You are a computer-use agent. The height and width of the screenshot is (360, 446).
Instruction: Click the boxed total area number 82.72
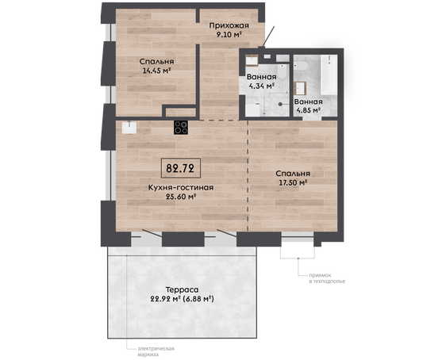(x=180, y=168)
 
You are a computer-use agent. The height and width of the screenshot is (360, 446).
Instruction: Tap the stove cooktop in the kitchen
(x=181, y=128)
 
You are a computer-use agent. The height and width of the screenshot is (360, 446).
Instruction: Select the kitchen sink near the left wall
(x=129, y=128)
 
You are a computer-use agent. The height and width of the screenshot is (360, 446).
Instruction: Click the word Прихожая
(x=229, y=26)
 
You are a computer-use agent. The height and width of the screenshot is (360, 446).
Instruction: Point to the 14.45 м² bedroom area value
(x=156, y=71)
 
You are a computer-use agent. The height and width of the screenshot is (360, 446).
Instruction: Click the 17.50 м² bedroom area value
(x=293, y=182)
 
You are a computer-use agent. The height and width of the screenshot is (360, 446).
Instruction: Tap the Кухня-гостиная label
(x=181, y=187)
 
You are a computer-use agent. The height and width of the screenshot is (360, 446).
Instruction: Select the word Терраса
(x=182, y=289)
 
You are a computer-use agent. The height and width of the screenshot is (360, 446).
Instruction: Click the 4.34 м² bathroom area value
(x=261, y=86)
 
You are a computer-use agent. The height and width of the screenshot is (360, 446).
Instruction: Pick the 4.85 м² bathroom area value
(x=309, y=110)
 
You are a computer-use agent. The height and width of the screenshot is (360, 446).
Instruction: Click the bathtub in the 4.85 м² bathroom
(x=329, y=75)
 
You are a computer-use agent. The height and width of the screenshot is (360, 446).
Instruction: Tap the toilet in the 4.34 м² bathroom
(x=282, y=71)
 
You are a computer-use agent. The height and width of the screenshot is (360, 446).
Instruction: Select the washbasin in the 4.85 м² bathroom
(x=300, y=88)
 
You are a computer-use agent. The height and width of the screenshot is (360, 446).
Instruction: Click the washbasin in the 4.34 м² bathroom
(x=252, y=60)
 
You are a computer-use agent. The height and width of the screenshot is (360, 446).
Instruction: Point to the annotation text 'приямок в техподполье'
(x=327, y=278)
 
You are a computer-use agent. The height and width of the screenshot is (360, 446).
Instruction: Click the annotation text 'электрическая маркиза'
(x=156, y=352)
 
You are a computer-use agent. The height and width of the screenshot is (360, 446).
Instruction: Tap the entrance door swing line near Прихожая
(x=268, y=36)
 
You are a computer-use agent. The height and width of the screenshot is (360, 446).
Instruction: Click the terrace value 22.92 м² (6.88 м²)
(x=182, y=299)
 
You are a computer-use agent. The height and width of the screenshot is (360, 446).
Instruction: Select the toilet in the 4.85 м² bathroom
(x=300, y=66)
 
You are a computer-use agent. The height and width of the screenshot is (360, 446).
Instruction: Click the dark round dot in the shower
(x=280, y=105)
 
